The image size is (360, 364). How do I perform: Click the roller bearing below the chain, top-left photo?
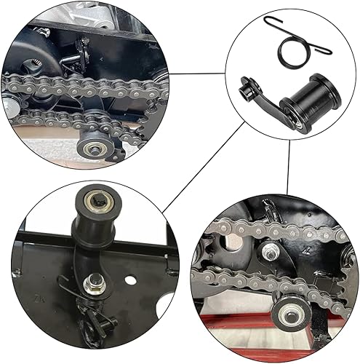(97, 139)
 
